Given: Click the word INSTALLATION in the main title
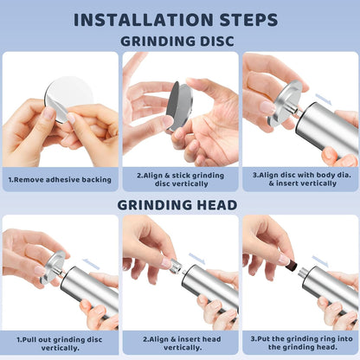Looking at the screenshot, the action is [x=144, y=20].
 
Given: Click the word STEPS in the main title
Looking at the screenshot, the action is [x=248, y=20].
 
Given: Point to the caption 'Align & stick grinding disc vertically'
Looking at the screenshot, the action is [x=181, y=179].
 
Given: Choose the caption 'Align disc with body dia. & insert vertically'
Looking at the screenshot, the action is [x=302, y=179].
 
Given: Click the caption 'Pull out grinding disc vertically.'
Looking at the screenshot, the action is [x=60, y=344].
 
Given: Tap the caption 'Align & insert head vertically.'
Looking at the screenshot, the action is [x=182, y=344].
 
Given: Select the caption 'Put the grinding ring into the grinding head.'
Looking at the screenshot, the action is [x=302, y=343].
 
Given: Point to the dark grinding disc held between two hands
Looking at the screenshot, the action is [x=179, y=106].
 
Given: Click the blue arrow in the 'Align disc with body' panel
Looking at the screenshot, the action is [x=324, y=99].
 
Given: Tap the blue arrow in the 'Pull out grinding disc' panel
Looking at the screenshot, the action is [x=91, y=264].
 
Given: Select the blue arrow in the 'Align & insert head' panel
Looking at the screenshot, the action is [x=196, y=258].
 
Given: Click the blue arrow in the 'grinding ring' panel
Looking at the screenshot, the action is [x=320, y=261].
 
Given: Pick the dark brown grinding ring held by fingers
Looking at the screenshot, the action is [x=292, y=267].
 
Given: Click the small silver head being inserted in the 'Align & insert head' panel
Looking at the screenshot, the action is [x=176, y=267].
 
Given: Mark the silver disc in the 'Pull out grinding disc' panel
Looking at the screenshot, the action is [x=53, y=267].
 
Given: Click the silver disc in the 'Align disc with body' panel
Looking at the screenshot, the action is [x=285, y=103].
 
